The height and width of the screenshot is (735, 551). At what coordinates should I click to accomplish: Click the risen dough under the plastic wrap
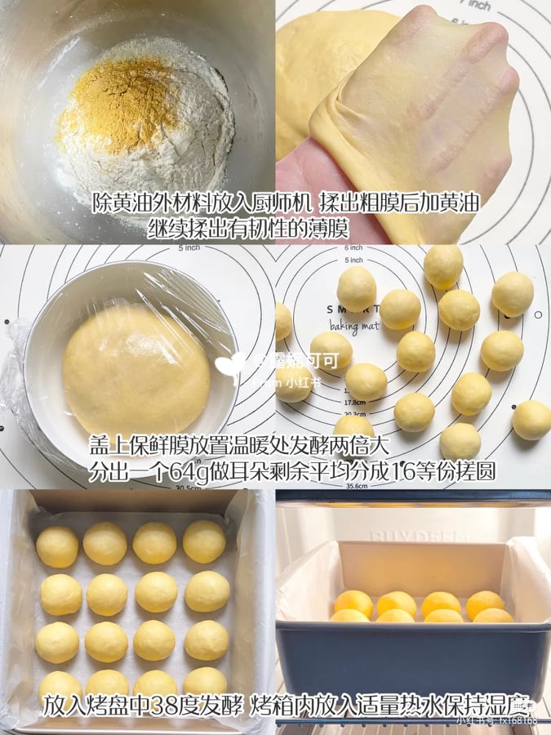click(135, 367)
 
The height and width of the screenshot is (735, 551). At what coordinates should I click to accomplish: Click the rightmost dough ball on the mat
click(531, 420)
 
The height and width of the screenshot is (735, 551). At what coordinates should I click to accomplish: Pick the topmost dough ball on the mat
click(443, 264)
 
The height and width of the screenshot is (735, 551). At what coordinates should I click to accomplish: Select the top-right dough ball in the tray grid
click(204, 541)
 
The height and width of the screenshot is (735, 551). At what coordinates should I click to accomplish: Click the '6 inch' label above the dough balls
click(353, 247)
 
